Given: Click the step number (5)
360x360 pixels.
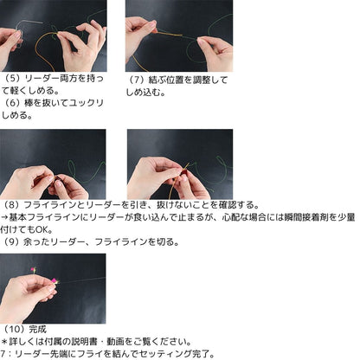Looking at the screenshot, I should point(13,78).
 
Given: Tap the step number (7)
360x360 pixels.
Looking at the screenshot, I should point(137,80).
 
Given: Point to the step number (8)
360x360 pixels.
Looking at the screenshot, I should point(13,205).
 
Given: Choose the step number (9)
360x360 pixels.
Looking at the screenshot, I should point(13,241).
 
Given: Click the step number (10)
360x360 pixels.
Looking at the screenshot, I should point(15,330).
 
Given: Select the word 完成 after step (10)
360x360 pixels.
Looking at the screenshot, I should point(39,330).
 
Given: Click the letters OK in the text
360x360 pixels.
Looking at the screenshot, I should point(55,229).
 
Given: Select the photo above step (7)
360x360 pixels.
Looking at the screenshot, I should point(179,35).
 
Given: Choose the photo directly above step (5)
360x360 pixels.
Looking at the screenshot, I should point(53,35).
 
